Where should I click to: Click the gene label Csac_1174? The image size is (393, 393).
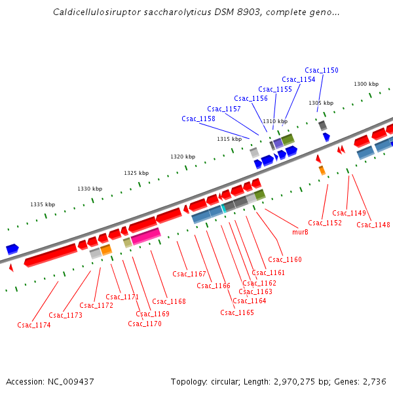[x=34, y=325]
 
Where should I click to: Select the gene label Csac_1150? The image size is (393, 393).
[x=322, y=70]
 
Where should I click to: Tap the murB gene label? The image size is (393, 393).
[x=300, y=232]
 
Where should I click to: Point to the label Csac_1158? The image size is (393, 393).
[x=198, y=119]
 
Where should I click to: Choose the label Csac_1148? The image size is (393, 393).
[x=373, y=225]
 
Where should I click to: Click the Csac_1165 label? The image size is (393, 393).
[x=237, y=312]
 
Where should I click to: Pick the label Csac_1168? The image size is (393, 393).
[x=169, y=301]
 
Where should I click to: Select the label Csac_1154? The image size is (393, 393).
[x=299, y=79]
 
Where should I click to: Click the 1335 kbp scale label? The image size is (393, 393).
[x=43, y=204]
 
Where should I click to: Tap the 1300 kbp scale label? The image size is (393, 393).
[x=366, y=84]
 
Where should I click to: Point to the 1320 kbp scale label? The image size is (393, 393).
[x=183, y=157]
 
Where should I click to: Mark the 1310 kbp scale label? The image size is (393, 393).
[x=275, y=121]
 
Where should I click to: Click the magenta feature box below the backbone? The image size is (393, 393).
[x=145, y=236]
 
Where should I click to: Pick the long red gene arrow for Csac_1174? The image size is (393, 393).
[x=51, y=255]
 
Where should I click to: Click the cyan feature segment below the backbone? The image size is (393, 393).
[x=223, y=208]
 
